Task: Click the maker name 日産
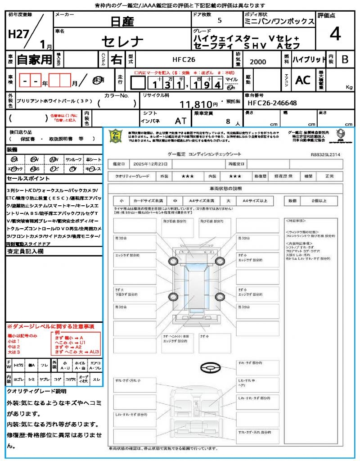122,21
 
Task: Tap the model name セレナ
122,42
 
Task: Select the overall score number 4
335,34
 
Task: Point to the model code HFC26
184,59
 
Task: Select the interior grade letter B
345,59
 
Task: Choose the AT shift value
181,121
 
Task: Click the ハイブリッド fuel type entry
309,59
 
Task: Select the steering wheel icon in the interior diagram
210,368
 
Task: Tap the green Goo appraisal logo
116,136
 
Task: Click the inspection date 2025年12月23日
153,164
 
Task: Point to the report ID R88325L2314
325,154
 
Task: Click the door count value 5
219,21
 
